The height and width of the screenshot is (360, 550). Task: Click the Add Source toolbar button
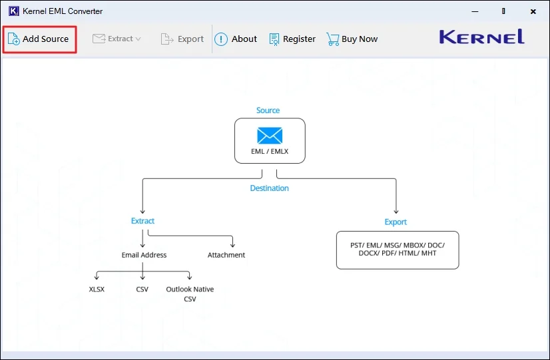tap(39, 39)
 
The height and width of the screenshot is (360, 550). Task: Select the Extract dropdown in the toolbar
tap(117, 39)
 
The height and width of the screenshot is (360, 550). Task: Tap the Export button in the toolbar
tap(182, 39)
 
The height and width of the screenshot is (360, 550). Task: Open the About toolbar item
tap(236, 39)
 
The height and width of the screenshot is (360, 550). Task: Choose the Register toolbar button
tap(292, 39)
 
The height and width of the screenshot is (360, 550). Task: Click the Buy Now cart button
tap(352, 39)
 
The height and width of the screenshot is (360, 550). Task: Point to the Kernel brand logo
tap(481, 37)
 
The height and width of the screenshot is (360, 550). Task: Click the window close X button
tap(533, 11)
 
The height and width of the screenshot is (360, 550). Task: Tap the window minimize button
tap(475, 11)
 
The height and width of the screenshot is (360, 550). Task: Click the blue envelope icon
tap(270, 136)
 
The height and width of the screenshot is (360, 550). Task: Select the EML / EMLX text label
tap(270, 151)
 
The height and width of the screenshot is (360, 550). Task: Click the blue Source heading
tap(268, 110)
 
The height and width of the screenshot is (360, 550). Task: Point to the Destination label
tap(269, 188)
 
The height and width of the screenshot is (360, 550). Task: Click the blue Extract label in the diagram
tap(142, 221)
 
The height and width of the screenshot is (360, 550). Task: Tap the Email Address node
tap(144, 255)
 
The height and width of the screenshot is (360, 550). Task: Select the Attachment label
tap(226, 255)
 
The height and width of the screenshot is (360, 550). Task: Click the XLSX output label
tap(97, 289)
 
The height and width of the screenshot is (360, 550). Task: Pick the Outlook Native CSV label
tap(190, 293)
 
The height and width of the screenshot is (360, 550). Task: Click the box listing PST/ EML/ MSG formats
tap(398, 250)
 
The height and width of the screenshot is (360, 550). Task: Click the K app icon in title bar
tap(13, 11)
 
